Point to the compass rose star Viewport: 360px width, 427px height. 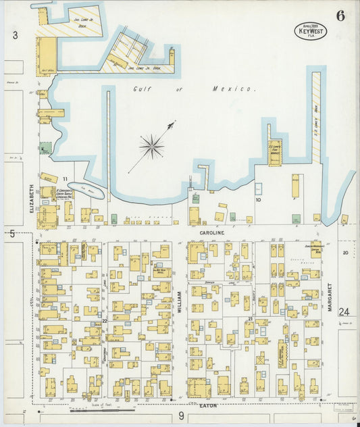coord(151,145)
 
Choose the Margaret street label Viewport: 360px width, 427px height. coord(330,297)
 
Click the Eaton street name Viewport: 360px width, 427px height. coord(208,405)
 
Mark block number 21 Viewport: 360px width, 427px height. coord(250,318)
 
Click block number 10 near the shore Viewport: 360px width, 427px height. coord(257,199)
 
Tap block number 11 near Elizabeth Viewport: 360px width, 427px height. coord(66,179)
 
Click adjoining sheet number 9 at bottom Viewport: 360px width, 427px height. coord(181,417)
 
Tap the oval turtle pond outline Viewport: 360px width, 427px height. coord(86,192)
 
